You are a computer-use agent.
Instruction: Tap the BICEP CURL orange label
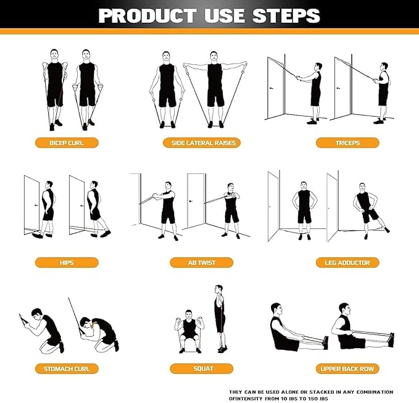(x=66, y=143)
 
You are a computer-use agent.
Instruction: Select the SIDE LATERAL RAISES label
(x=202, y=143)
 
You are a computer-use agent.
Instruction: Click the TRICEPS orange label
(x=347, y=143)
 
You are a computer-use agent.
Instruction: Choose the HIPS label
(x=66, y=262)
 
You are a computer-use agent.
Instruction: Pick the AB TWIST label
(x=202, y=262)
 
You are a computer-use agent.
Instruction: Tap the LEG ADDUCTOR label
(x=347, y=262)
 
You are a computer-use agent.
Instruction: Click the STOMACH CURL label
(x=66, y=368)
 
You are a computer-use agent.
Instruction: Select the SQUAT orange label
(x=202, y=368)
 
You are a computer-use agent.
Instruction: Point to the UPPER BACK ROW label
(x=347, y=368)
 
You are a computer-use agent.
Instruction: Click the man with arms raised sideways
(x=215, y=86)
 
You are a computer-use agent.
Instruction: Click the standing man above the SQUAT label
(x=219, y=318)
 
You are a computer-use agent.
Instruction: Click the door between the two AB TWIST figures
(x=196, y=204)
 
